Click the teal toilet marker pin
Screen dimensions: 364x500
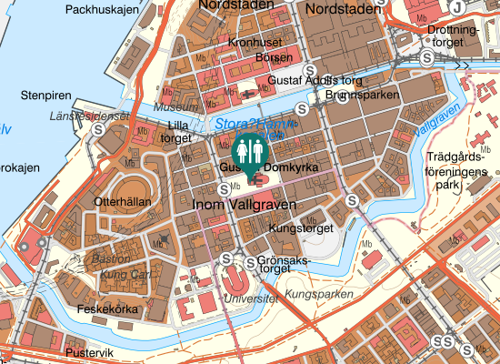249,151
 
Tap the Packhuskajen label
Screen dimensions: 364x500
103,10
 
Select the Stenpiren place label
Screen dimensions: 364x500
46,94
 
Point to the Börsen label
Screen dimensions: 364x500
274,56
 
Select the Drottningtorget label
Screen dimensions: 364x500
452,35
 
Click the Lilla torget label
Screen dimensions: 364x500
175,132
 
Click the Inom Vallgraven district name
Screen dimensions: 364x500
239,206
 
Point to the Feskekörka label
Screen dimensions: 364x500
106,309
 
